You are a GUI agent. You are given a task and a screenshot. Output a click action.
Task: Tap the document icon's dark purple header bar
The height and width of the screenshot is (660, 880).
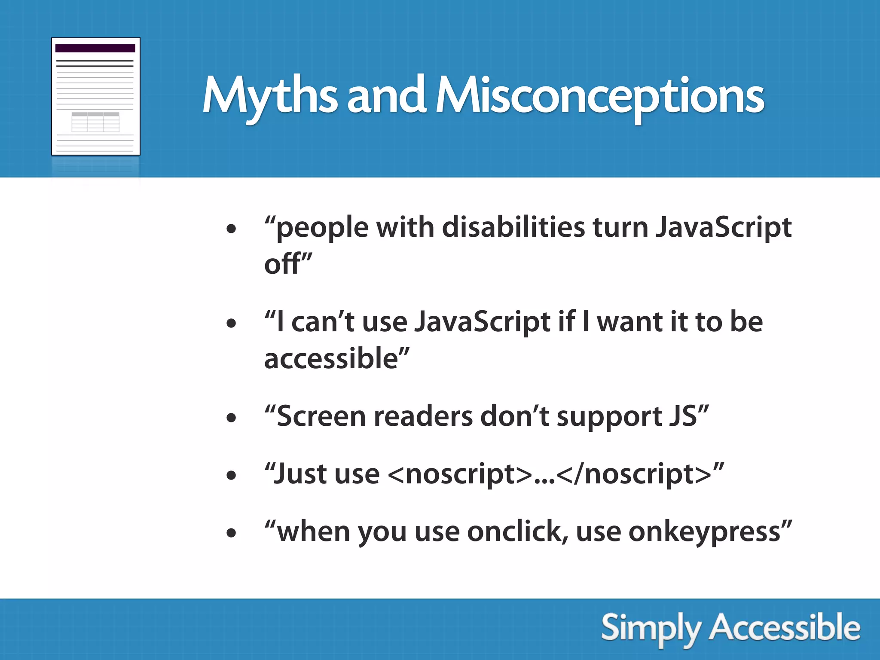pyautogui.click(x=95, y=48)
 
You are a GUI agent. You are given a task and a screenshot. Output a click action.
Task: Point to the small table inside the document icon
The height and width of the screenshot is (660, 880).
pyautogui.click(x=95, y=122)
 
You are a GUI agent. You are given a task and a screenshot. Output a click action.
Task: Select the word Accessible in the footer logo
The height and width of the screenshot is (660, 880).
pyautogui.click(x=785, y=628)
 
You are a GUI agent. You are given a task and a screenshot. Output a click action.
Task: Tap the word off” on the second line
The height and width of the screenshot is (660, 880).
pyautogui.click(x=287, y=264)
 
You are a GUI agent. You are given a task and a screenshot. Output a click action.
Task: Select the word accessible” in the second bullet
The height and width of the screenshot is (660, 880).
pyautogui.click(x=336, y=358)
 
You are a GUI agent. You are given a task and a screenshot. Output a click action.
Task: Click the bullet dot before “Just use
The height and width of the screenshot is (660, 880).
pyautogui.click(x=231, y=475)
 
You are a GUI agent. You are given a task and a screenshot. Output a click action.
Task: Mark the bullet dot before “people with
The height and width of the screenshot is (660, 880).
pyautogui.click(x=231, y=229)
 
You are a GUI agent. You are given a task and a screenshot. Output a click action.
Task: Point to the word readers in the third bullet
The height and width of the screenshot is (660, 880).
pyautogui.click(x=423, y=416)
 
